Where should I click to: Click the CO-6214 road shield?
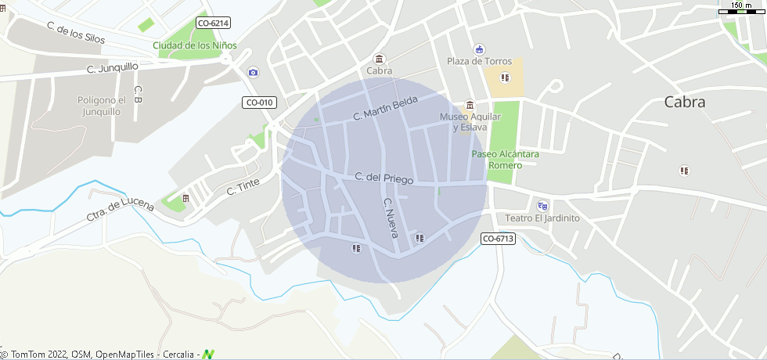[213, 23]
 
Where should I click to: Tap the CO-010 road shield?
[259, 103]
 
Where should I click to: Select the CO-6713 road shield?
[498, 239]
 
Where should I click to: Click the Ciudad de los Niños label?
[195, 45]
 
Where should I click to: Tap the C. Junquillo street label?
[112, 69]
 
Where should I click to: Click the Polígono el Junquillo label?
[102, 106]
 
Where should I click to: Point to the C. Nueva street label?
[391, 218]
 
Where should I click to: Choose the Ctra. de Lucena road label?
[117, 209]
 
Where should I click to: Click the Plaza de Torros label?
[479, 61]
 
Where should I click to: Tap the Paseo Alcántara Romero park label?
[505, 160]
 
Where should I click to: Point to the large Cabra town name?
[685, 102]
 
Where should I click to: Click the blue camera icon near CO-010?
[253, 73]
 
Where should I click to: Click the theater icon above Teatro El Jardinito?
[542, 205]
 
